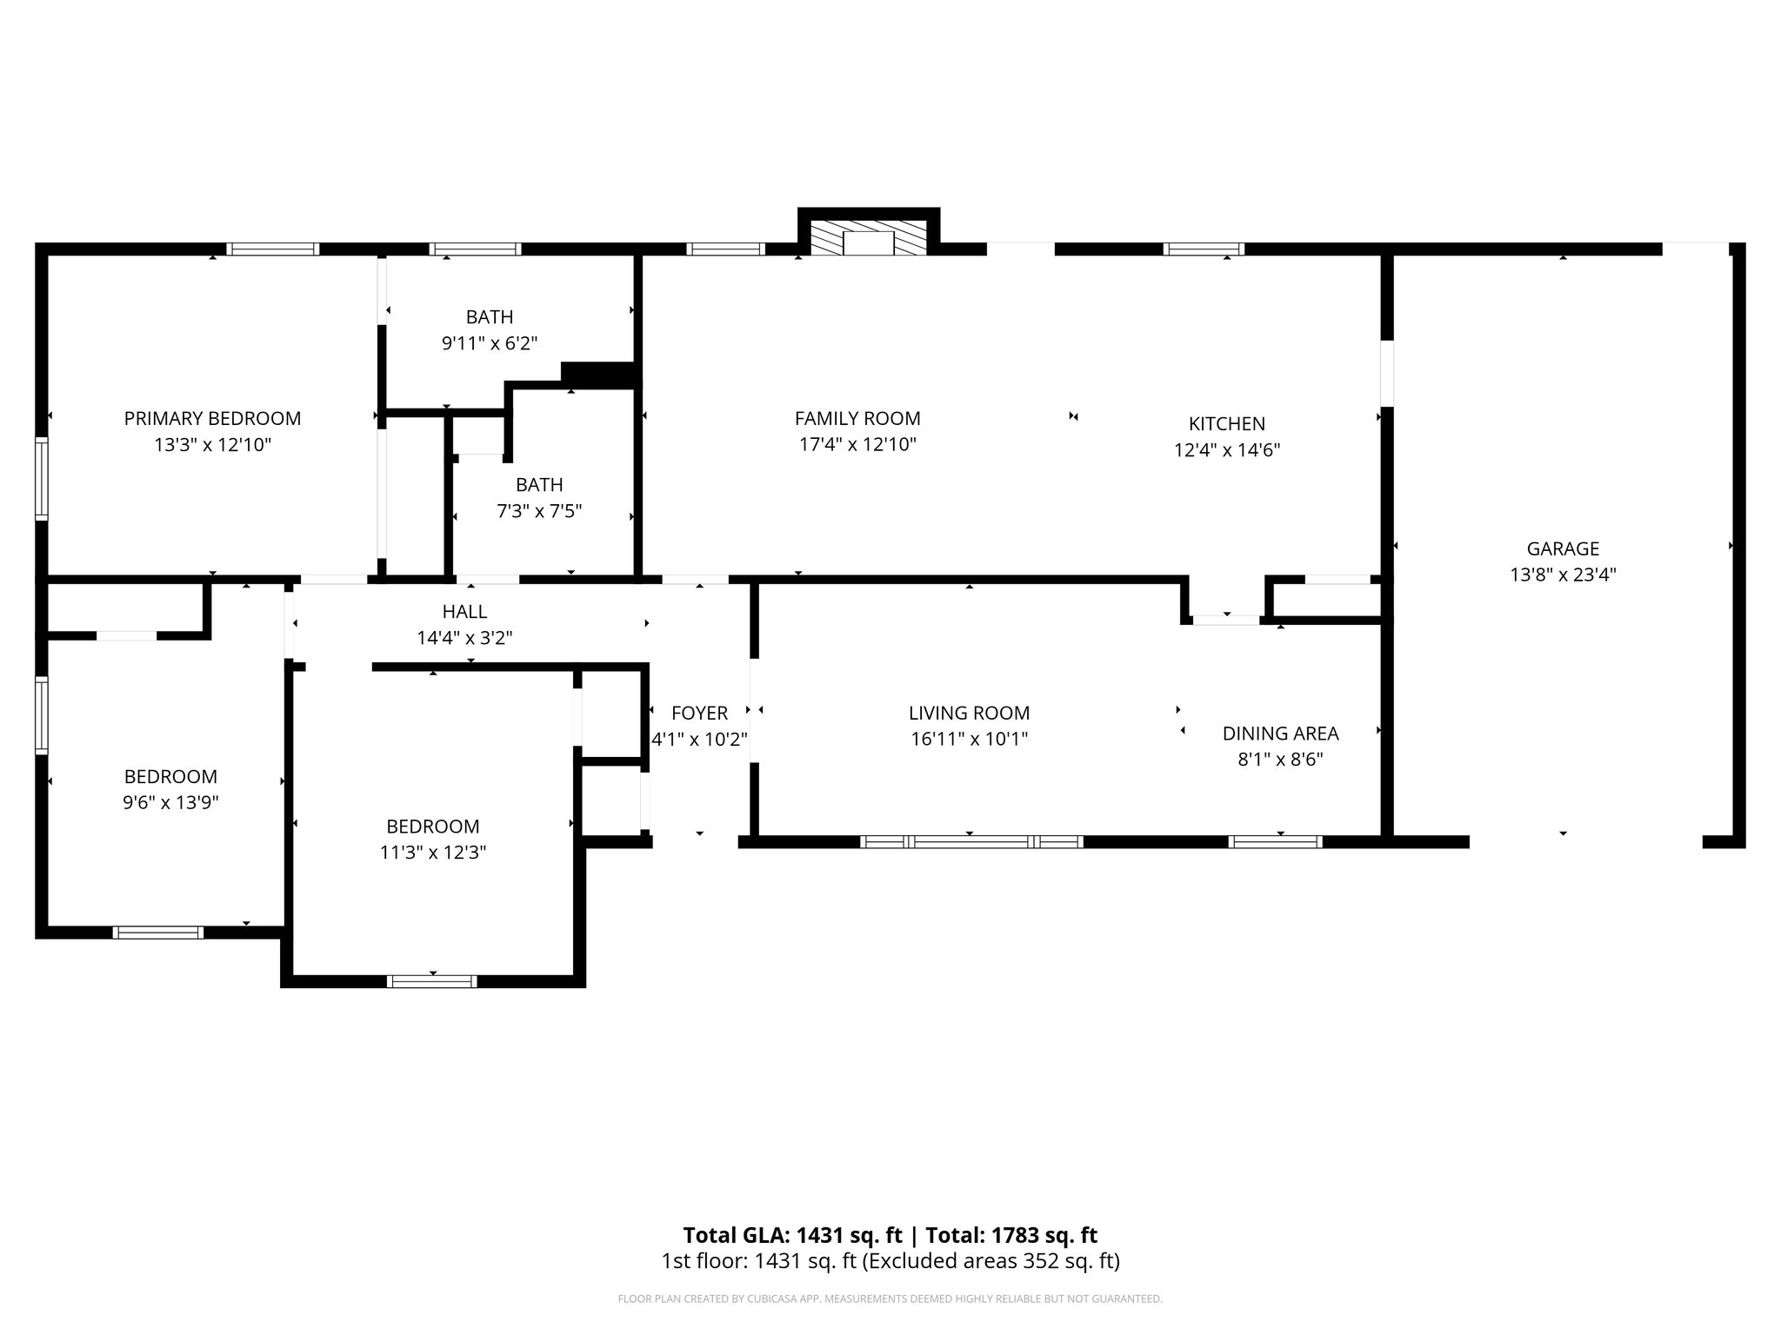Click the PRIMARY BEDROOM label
pos(212,418)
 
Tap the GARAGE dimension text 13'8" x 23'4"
pos(1563,575)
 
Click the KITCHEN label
pos(1226,423)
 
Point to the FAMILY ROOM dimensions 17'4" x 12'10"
pos(857,445)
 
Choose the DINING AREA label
pos(1280,733)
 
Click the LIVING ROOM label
pos(969,713)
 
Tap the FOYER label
pos(699,713)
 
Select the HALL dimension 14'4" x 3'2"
pos(464,638)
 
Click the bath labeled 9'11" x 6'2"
pos(490,329)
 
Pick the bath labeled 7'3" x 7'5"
pos(539,497)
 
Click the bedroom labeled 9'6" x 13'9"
pos(170,788)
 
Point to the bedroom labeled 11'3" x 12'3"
pos(433,839)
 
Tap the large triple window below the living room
pos(971,841)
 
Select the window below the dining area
pos(1275,841)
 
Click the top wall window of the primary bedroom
pos(273,249)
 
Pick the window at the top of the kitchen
pos(1204,249)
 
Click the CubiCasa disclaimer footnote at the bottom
pos(890,1299)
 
